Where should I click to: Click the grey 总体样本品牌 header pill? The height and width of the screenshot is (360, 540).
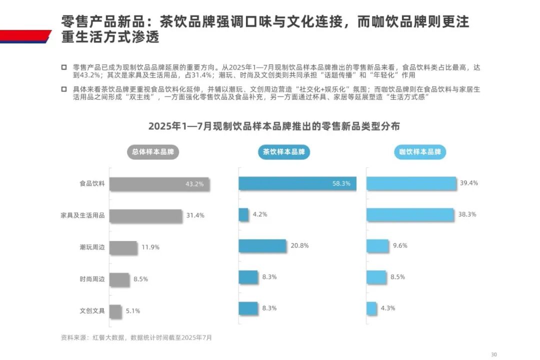point(153,152)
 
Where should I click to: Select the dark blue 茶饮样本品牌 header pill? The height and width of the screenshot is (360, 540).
point(284,152)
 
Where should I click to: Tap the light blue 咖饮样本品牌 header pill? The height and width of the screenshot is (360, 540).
point(420,152)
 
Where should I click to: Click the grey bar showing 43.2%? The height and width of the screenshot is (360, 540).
point(159,184)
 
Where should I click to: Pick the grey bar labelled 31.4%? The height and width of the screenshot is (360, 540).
point(145,215)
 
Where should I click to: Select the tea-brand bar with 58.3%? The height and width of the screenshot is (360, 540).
point(297,183)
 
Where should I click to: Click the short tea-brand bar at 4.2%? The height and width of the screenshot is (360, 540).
point(243,214)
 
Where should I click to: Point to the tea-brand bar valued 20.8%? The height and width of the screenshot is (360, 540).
point(262,246)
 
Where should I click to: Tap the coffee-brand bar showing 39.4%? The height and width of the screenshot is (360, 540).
point(411,183)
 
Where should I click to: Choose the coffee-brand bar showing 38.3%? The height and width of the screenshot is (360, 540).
point(410,214)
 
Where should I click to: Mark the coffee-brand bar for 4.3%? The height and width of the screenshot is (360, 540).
point(371,308)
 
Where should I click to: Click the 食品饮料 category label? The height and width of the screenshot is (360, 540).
point(92,183)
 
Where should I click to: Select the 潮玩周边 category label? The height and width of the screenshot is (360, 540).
point(92,247)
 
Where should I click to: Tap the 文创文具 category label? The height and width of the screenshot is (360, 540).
point(92,310)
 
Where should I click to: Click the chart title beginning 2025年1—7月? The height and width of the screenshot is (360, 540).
point(274,126)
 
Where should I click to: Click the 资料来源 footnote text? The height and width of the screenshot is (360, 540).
point(136,337)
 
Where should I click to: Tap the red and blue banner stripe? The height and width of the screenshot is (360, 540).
point(25,36)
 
